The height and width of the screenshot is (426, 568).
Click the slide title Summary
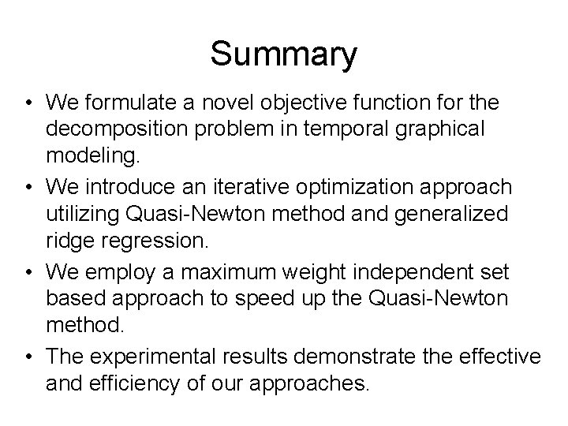[284, 54]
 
